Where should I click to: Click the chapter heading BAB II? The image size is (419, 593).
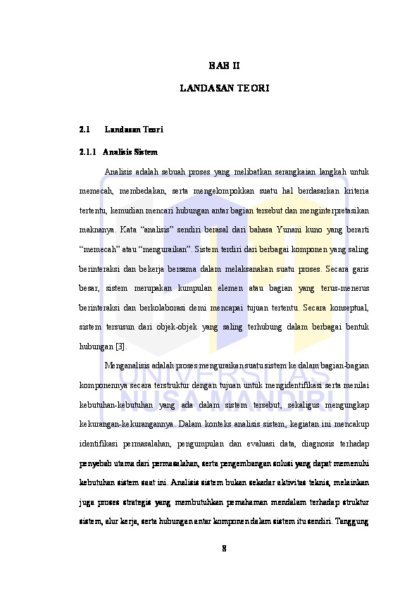(224, 65)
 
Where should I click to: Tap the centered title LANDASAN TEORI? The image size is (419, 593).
(224, 89)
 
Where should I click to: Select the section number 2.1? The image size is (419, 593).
(85, 130)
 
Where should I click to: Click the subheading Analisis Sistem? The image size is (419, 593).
(130, 151)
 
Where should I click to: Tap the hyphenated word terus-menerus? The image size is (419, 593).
(342, 288)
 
